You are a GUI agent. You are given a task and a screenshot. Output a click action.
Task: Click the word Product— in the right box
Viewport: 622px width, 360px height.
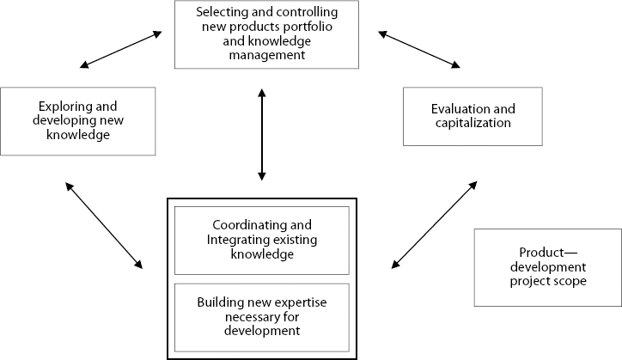[x=547, y=253]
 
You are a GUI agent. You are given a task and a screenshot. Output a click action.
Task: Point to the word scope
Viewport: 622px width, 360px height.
[x=571, y=280]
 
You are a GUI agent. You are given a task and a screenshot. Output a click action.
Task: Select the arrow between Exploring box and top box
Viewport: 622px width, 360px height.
[x=119, y=49]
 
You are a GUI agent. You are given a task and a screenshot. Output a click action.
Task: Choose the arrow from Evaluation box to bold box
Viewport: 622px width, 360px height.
[x=433, y=223]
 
